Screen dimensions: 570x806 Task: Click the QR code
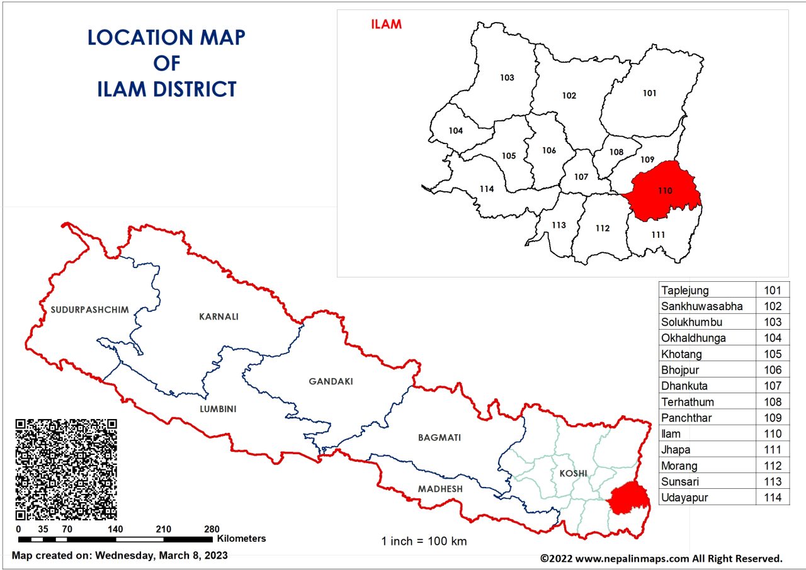65,469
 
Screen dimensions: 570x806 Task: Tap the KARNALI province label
219,316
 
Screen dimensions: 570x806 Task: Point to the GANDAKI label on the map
331,381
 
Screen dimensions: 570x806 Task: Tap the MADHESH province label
440,489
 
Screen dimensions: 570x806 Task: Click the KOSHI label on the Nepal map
572,473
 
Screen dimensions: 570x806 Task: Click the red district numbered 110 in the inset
666,190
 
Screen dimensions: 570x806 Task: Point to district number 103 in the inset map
507,78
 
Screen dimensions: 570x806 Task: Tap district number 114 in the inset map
486,189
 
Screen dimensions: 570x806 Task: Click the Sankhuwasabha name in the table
701,306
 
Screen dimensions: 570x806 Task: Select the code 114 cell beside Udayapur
772,498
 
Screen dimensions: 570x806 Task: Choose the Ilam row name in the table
671,434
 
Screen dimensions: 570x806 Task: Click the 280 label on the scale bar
212,529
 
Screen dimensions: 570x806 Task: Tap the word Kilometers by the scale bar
242,539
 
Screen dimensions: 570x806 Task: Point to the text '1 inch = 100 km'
424,541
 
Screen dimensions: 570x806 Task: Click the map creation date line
120,556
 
